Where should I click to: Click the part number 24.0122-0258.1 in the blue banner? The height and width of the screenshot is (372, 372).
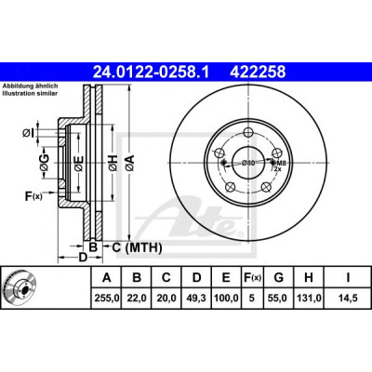[x=152, y=73]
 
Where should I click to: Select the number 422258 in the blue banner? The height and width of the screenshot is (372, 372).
[x=258, y=73]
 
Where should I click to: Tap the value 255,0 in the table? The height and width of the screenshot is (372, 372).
[x=106, y=299]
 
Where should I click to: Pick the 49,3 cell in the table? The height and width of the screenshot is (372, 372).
[x=196, y=299]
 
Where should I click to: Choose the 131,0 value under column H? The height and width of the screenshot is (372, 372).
[x=309, y=299]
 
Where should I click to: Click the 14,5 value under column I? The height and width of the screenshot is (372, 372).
[x=348, y=299]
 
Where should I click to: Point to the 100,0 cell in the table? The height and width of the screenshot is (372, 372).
[x=226, y=299]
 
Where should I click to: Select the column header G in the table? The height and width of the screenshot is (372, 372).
[x=279, y=277]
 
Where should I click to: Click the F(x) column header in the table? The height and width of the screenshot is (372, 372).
[x=252, y=277]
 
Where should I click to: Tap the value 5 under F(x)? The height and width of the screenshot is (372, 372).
[x=252, y=299]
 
